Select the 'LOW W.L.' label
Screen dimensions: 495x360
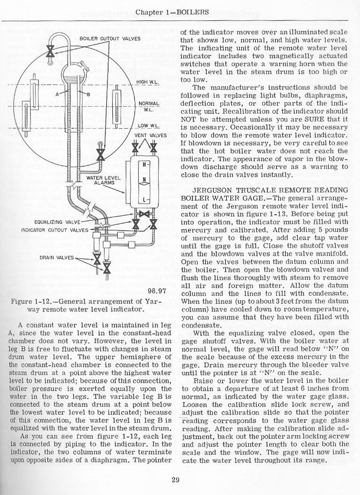click(141, 125)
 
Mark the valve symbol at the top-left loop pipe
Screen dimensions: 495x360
click(49, 52)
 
